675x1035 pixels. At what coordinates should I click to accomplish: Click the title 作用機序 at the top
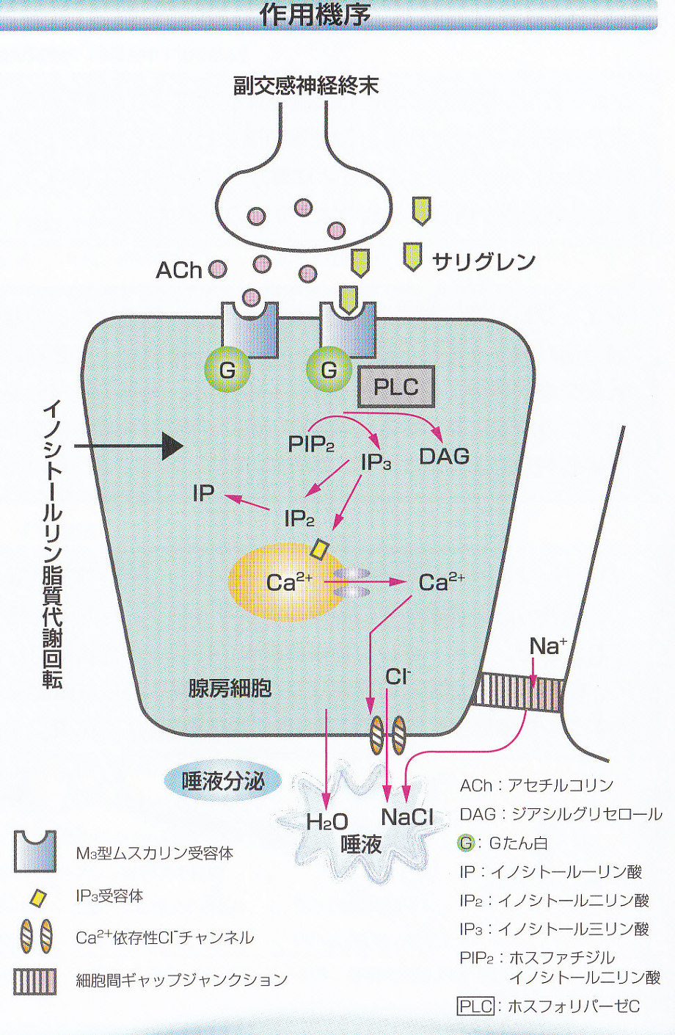(x=315, y=14)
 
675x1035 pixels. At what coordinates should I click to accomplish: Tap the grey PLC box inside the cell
(x=396, y=387)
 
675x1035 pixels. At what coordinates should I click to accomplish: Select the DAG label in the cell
(x=444, y=456)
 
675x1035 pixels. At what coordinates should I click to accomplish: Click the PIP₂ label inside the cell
(x=312, y=444)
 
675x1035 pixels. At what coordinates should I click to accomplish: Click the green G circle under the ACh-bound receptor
(x=227, y=369)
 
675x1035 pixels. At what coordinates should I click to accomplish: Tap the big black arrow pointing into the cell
(x=170, y=446)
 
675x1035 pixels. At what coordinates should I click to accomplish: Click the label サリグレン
(x=484, y=261)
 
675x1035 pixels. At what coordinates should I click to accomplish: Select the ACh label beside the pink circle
(x=178, y=270)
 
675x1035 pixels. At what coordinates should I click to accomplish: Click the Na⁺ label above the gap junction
(x=547, y=646)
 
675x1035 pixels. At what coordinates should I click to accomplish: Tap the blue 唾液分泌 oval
(x=222, y=781)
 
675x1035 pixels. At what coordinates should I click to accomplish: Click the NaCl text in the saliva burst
(x=407, y=817)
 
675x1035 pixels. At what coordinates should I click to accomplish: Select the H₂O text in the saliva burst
(x=327, y=822)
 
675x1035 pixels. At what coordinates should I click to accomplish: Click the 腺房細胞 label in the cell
(x=230, y=688)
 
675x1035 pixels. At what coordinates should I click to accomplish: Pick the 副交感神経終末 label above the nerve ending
(x=306, y=86)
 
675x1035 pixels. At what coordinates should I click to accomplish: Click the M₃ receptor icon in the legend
(x=35, y=851)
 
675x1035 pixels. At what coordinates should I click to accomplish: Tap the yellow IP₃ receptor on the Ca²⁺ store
(x=321, y=548)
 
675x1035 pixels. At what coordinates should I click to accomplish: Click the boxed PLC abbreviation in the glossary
(x=475, y=1006)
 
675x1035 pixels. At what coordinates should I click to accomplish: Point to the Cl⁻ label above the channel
(x=398, y=676)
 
